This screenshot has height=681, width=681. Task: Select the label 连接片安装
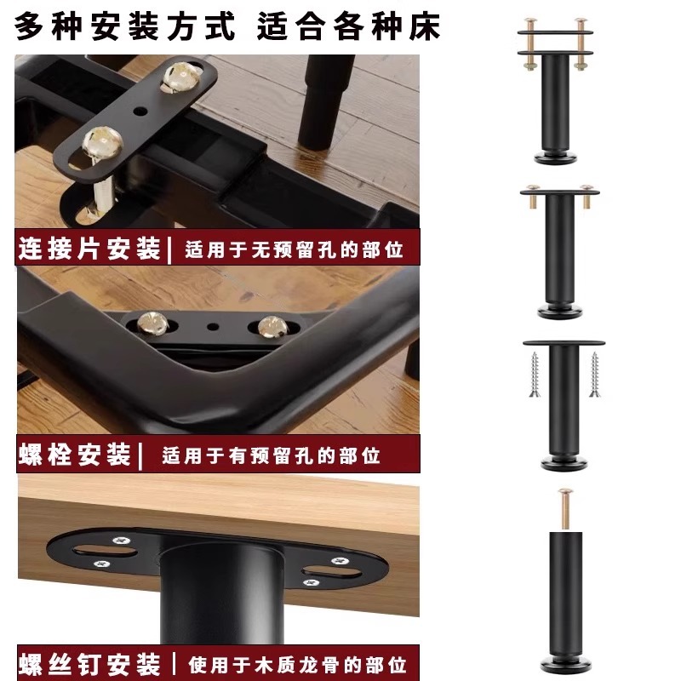click(89, 249)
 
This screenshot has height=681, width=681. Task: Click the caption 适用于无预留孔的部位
click(294, 250)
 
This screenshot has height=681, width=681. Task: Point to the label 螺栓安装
click(74, 455)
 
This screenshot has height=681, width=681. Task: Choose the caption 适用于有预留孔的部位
click(271, 455)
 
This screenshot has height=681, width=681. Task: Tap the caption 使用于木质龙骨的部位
click(294, 662)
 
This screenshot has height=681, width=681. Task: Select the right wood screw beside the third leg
click(594, 375)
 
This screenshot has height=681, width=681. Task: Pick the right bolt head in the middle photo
click(271, 323)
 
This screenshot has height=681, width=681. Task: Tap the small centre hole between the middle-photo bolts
click(210, 326)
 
